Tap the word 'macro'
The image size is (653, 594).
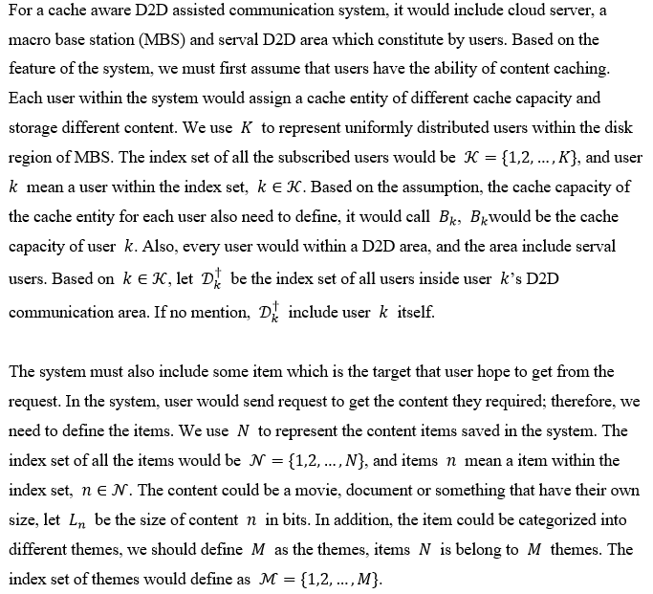pos(31,40)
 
